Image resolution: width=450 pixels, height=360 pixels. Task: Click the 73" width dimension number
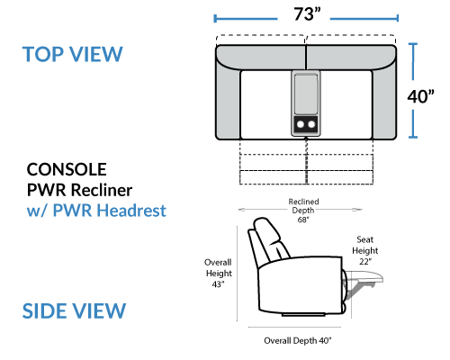307,13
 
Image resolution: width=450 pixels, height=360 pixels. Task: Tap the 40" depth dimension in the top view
420,96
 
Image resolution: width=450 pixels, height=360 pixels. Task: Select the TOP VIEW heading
73,54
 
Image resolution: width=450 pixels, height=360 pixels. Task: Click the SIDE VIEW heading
74,310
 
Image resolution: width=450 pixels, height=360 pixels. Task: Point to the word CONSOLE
67,169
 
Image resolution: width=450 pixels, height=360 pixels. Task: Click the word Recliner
102,190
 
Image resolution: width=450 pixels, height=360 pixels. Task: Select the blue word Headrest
131,210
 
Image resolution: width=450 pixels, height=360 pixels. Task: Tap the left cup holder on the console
301,124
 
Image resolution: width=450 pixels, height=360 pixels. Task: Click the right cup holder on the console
311,124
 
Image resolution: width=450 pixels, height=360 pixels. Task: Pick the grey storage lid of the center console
306,94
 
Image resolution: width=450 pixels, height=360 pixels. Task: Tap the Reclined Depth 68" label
303,211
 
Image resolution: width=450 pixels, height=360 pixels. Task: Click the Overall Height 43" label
219,273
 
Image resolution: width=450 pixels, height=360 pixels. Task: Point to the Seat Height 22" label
364,250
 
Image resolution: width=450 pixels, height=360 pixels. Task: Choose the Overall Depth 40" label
298,340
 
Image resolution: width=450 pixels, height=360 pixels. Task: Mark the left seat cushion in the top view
265,105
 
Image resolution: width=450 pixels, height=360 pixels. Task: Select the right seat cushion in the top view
346,105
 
